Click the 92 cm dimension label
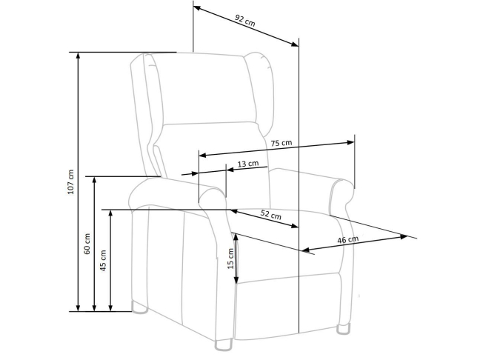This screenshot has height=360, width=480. pos(245,21)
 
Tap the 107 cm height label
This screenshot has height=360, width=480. pos(70,181)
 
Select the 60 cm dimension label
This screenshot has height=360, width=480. pos(87,244)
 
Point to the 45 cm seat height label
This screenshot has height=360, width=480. pos(104,261)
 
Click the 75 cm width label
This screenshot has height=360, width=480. pos(281,143)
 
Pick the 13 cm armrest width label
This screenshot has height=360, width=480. pos(248,164)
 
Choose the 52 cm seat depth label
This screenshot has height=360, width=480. pos(271,215)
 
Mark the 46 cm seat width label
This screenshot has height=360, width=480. pos(347,240)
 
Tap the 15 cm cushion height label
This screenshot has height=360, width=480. pos(231,259)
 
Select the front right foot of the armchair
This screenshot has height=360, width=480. pos(343,329)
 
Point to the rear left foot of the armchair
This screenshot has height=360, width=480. pos(140,307)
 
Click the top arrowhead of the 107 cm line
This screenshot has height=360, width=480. pos(78,56)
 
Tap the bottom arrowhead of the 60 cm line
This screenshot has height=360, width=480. pos(94,308)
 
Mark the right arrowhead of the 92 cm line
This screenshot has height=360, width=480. pos(295,44)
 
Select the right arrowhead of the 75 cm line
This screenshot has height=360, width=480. pos(351,142)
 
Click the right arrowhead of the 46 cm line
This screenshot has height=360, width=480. pos(404,236)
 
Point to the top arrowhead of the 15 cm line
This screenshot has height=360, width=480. pos(236,237)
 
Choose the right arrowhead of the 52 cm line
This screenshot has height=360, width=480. pos(295,226)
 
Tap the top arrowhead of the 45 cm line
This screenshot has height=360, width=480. pos(110,213)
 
